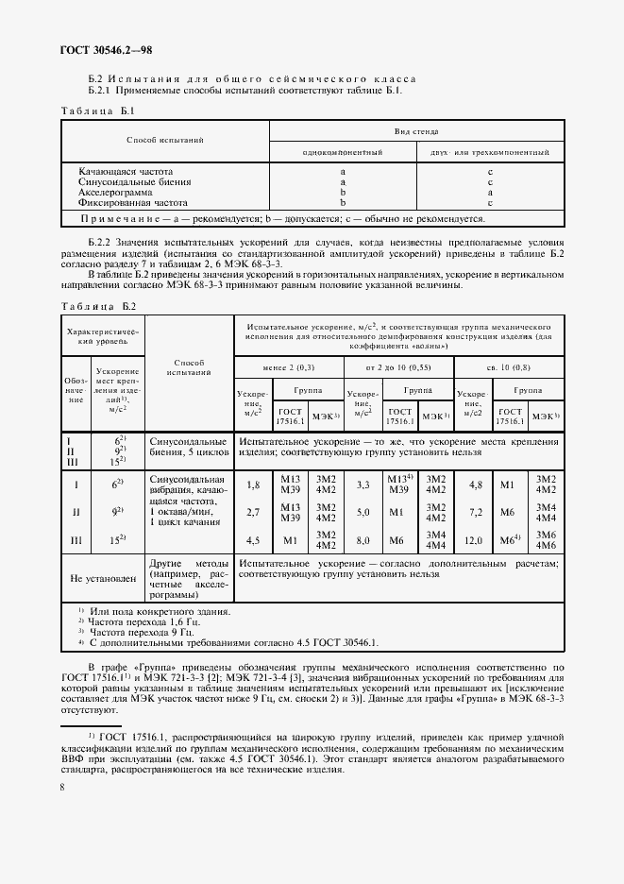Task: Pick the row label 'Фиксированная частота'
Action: (x=133, y=202)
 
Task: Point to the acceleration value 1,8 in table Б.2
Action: (x=252, y=484)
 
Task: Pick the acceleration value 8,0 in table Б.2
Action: (x=361, y=540)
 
